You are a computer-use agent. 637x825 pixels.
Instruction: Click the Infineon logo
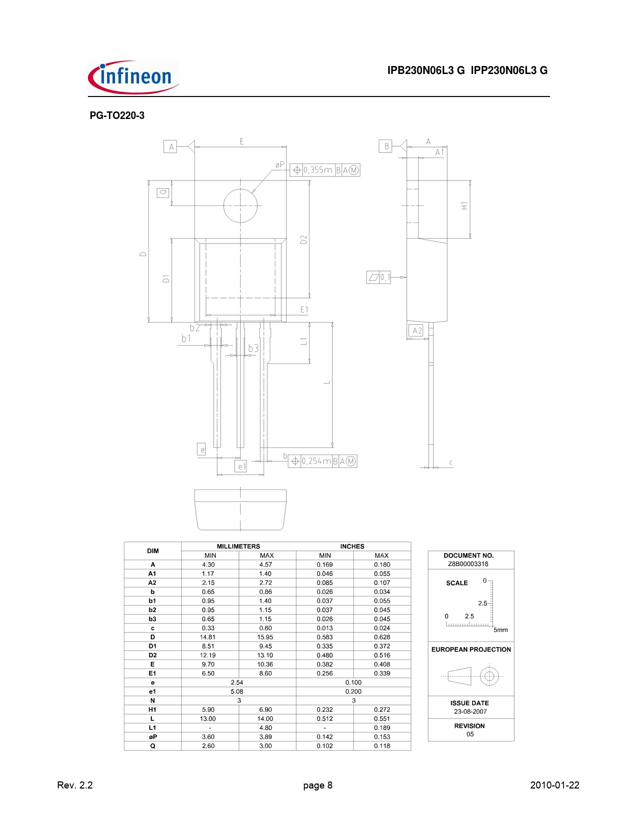point(133,77)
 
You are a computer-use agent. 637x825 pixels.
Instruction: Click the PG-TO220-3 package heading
point(117,115)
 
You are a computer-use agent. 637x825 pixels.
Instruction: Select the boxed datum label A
point(170,146)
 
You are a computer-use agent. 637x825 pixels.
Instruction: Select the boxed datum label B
point(386,146)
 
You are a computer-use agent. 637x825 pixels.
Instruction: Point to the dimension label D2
point(304,239)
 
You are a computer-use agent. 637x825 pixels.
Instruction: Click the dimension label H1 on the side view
point(464,206)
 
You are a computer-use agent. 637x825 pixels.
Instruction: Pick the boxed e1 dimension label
point(240,466)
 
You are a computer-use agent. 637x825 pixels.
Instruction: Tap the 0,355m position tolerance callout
point(325,170)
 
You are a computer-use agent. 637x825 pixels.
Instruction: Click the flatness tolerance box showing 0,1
point(378,277)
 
